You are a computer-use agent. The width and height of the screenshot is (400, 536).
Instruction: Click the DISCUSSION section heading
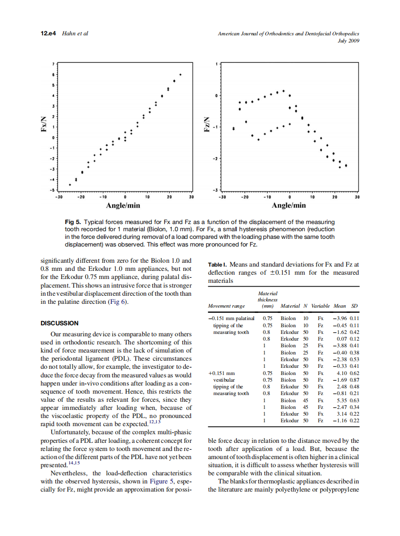click(x=60, y=323)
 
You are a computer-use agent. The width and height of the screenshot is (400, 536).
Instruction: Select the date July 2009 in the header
click(x=348, y=41)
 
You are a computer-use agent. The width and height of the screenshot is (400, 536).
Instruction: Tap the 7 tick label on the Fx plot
click(x=53, y=64)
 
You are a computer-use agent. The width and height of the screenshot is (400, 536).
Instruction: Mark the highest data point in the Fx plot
click(x=180, y=75)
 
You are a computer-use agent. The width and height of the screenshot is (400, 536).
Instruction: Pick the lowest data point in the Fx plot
click(x=70, y=184)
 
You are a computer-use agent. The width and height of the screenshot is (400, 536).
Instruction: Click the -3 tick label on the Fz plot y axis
click(x=216, y=190)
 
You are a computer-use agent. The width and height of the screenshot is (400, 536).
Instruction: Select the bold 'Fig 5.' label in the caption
click(x=73, y=222)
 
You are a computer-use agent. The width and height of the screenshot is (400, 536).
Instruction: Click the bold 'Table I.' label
click(x=219, y=264)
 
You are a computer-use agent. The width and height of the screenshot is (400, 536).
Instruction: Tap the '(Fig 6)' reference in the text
click(x=120, y=302)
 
